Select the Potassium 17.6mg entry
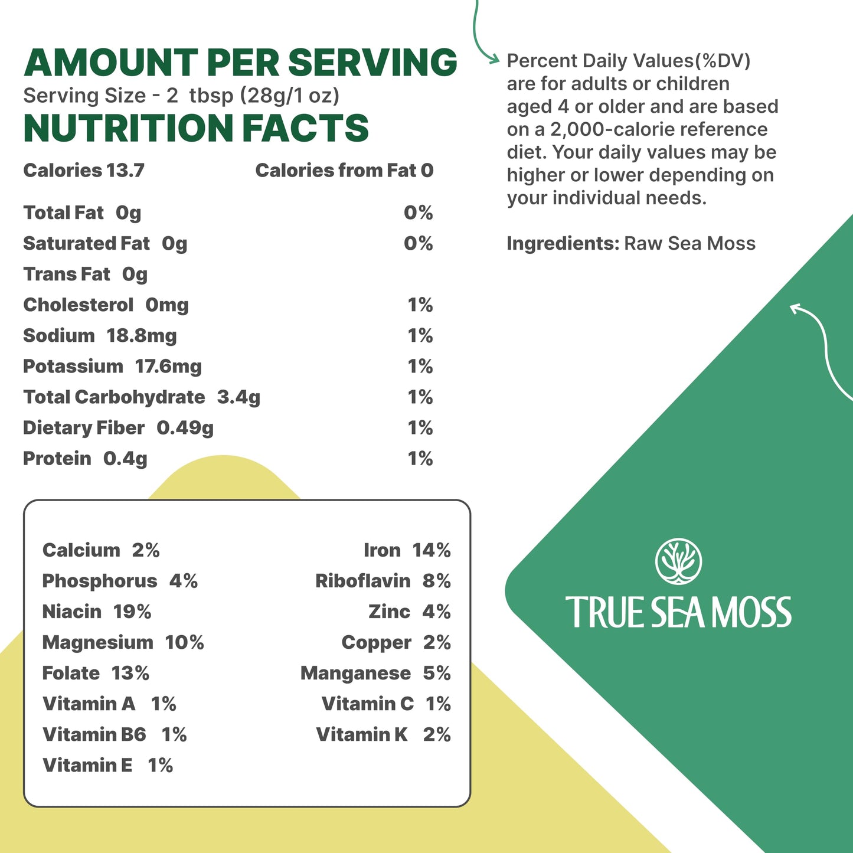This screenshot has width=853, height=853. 112,367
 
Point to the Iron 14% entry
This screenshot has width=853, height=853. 407,550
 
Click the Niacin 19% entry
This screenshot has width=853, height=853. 97,612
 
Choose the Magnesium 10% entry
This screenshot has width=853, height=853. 123,642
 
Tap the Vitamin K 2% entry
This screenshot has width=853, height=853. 383,734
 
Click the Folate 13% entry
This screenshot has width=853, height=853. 96,673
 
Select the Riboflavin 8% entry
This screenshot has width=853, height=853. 383,581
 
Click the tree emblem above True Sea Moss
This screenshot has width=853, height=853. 678,561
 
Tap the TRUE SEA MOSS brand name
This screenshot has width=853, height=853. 678,612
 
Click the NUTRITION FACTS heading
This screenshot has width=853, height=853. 196,129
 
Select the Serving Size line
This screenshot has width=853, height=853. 181,96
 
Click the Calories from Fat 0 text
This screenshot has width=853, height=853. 344,171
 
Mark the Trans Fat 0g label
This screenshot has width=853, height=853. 85,274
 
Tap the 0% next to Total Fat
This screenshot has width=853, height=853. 418,213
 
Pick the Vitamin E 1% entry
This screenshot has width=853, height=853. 107,765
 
